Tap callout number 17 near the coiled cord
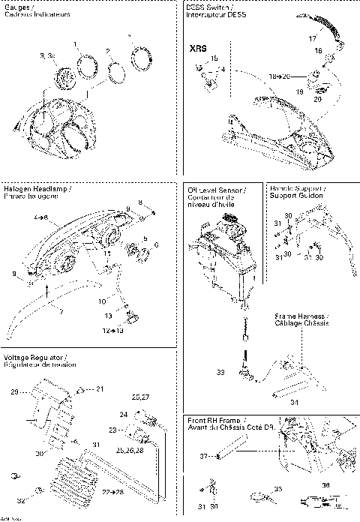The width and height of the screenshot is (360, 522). (313, 37)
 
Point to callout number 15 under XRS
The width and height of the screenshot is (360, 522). (214, 58)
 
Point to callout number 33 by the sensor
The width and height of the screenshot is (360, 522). (220, 372)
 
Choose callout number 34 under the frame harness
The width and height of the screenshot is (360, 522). (294, 403)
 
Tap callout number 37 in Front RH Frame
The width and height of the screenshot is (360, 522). (202, 455)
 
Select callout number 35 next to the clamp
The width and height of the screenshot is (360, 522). (278, 488)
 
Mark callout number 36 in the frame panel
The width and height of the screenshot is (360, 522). (325, 485)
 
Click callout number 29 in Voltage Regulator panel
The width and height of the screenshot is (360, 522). (13, 392)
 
